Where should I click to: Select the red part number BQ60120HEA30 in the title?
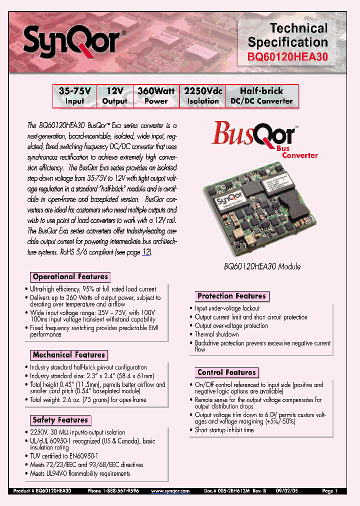pos(287,57)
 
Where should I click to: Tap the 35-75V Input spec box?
pos(74,96)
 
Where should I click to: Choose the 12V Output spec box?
pos(114,96)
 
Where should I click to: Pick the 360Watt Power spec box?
pos(156,96)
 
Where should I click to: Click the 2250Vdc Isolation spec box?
pos(203,96)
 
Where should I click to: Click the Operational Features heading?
pos(70,276)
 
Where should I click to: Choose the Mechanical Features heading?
pos(69,354)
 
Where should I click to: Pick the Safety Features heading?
pos(60,420)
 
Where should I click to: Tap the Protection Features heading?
pos(231,296)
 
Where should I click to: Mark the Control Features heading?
pos(226,372)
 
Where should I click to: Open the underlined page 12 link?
pos(146,252)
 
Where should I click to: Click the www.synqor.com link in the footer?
pos(170,491)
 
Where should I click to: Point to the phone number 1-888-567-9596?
pos(113,491)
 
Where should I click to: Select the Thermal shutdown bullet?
pos(216,334)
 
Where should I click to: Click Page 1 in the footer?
pos(330,491)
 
